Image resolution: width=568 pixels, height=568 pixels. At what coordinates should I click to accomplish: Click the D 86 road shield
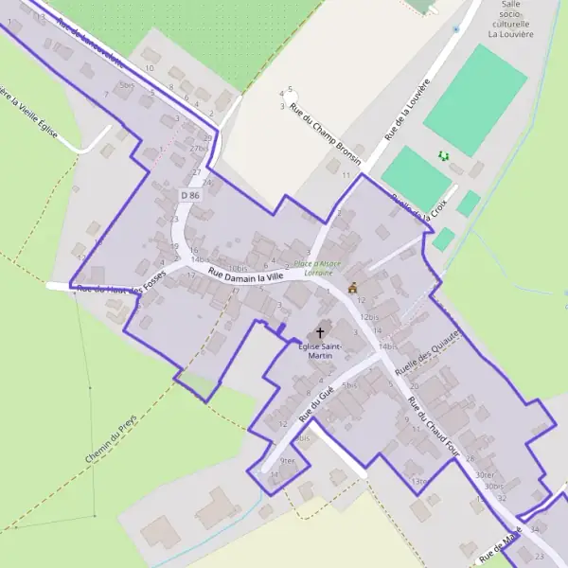point(190,195)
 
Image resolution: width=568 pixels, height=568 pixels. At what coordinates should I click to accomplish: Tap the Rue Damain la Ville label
point(245,275)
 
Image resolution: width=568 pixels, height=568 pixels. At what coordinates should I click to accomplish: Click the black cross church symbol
point(320,332)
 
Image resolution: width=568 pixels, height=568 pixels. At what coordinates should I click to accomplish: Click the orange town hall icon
point(353,287)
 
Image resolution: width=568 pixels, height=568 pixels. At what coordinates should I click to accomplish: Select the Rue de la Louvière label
point(408,111)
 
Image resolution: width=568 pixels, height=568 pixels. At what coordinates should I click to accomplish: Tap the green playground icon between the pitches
point(442,155)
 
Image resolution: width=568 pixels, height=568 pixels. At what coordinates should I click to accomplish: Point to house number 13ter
point(420,482)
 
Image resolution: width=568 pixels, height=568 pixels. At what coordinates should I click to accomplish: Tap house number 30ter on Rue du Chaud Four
point(486,475)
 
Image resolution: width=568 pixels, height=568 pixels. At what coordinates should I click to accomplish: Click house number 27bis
point(199,149)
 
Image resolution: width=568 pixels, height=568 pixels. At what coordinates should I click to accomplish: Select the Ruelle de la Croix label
point(418,209)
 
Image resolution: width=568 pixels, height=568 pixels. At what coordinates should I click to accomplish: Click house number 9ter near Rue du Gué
point(288,460)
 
